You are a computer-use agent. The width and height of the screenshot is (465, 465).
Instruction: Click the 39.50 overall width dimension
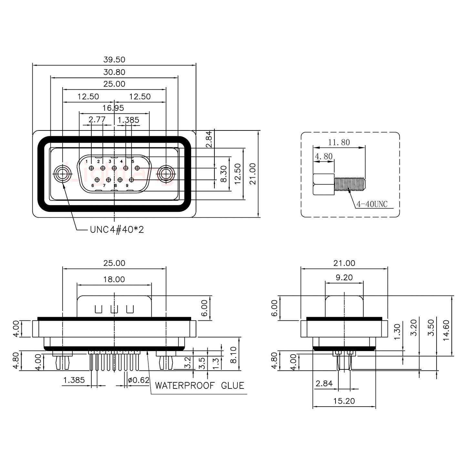(x=114, y=60)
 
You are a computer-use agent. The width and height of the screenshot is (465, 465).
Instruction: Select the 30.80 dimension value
(x=114, y=72)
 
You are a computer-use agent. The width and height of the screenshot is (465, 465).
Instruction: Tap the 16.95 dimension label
(x=113, y=108)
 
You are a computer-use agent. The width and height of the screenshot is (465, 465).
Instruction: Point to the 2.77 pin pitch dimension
(x=97, y=120)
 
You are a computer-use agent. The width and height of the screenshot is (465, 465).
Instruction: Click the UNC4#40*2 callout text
(x=117, y=230)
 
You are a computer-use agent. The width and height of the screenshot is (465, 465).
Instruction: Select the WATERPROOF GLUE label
(x=199, y=386)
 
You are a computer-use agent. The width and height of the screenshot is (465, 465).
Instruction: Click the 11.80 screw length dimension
(x=339, y=142)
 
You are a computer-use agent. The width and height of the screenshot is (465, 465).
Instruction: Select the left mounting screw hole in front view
(x=62, y=174)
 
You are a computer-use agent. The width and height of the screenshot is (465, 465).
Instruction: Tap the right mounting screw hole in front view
(x=166, y=174)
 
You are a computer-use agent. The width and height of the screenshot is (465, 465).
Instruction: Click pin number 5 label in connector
(x=133, y=161)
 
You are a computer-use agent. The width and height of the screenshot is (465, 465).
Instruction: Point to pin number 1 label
(x=87, y=161)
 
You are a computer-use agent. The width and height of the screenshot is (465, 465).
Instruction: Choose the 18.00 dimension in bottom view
(x=114, y=279)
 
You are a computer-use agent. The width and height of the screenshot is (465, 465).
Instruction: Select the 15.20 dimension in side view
(x=344, y=401)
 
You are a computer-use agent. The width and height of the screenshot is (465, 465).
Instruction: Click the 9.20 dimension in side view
(x=344, y=277)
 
